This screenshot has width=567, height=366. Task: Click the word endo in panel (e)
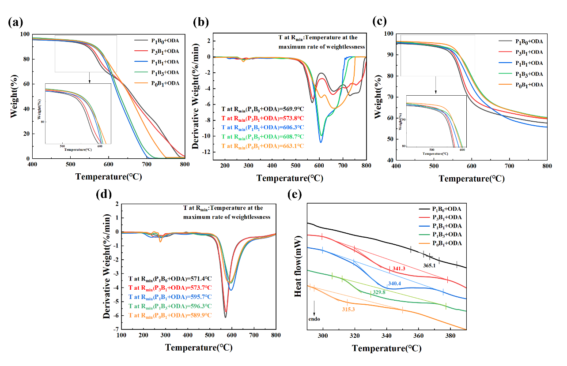[x=314, y=319]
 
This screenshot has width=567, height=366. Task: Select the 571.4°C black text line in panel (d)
[x=170, y=279]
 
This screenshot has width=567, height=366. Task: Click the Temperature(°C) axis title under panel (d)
[x=199, y=347]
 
